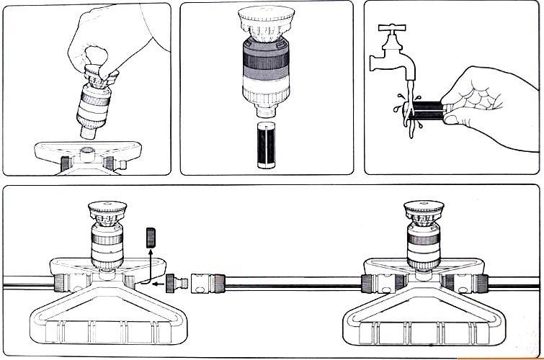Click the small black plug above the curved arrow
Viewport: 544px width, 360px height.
pyautogui.click(x=151, y=238)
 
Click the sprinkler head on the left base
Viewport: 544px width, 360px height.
pyautogui.click(x=108, y=234)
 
